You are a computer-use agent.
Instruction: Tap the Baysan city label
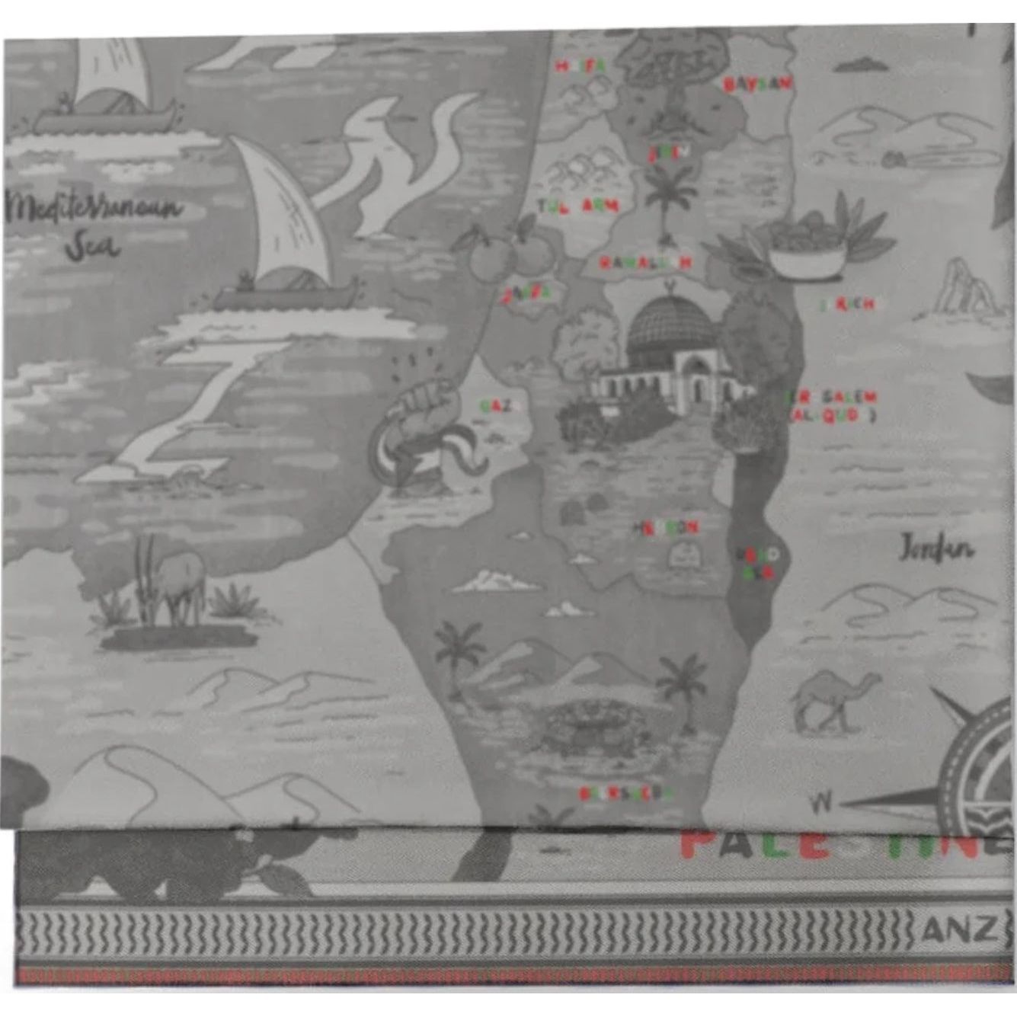click(756, 84)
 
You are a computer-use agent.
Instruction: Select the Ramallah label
click(644, 263)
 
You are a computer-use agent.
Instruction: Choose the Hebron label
click(664, 527)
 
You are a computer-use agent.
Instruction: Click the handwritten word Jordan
click(936, 548)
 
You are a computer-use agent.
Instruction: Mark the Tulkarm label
click(578, 206)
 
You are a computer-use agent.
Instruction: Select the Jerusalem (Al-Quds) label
click(832, 406)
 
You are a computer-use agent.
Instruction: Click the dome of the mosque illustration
click(670, 328)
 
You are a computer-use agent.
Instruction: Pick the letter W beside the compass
click(820, 801)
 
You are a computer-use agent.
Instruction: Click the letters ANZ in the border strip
click(959, 929)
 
